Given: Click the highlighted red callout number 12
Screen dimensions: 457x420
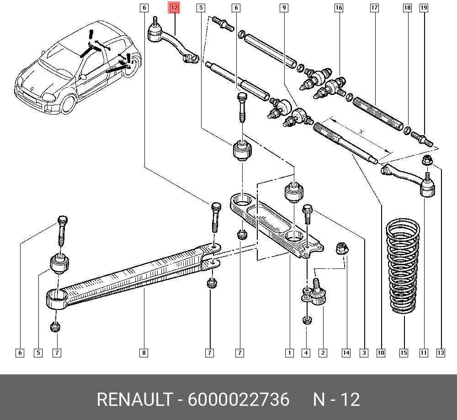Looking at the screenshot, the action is (174, 8).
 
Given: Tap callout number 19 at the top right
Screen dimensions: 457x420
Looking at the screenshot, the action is (424, 8).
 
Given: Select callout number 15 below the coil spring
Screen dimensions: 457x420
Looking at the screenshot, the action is (404, 353).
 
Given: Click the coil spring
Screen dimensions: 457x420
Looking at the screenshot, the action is (403, 266).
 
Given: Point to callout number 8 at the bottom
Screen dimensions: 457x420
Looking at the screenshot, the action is (143, 353).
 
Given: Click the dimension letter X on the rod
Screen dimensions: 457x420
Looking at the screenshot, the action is (361, 132).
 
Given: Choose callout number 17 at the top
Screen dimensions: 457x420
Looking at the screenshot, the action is (375, 8).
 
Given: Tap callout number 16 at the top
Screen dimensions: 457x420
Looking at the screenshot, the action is (339, 8).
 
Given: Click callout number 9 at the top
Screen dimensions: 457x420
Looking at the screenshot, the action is (284, 8).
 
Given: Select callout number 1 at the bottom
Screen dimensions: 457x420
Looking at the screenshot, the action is (289, 353).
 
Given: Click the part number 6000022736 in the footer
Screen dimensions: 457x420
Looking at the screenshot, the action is (239, 399).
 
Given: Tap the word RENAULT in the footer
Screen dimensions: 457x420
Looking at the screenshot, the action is (134, 399).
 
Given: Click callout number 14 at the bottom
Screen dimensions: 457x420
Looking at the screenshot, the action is (346, 353).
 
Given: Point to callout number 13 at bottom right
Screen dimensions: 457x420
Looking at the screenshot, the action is (441, 353).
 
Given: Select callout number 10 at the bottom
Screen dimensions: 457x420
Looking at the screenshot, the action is (381, 353).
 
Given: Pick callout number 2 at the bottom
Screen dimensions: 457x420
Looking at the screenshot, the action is (323, 353).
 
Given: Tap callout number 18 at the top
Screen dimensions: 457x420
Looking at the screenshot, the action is (408, 8).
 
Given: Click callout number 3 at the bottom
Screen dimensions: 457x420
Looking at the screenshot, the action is (364, 353).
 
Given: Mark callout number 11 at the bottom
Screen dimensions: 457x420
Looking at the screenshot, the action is (424, 353).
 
